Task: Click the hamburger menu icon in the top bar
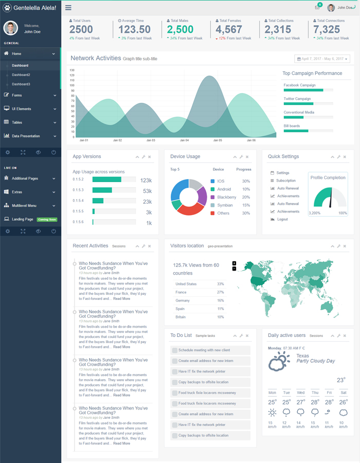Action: point(68,8)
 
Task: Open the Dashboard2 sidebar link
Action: point(21,75)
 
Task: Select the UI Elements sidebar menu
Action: point(21,109)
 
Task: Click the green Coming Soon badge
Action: point(47,220)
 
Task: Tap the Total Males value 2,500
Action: point(180,30)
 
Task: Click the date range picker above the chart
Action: point(322,59)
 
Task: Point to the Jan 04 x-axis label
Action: point(184,140)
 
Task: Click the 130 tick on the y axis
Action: point(72,70)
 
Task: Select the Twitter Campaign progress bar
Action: point(308,104)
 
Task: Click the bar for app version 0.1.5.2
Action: point(107,180)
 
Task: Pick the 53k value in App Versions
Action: point(147,190)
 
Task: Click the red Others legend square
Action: point(212,213)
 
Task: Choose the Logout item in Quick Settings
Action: point(282,219)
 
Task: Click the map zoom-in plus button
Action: point(235,263)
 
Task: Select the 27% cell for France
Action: point(220,292)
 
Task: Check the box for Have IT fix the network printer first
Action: point(175,371)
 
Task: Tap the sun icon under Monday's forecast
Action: point(272,412)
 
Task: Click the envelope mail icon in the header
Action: point(317,8)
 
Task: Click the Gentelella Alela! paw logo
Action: point(7,8)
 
